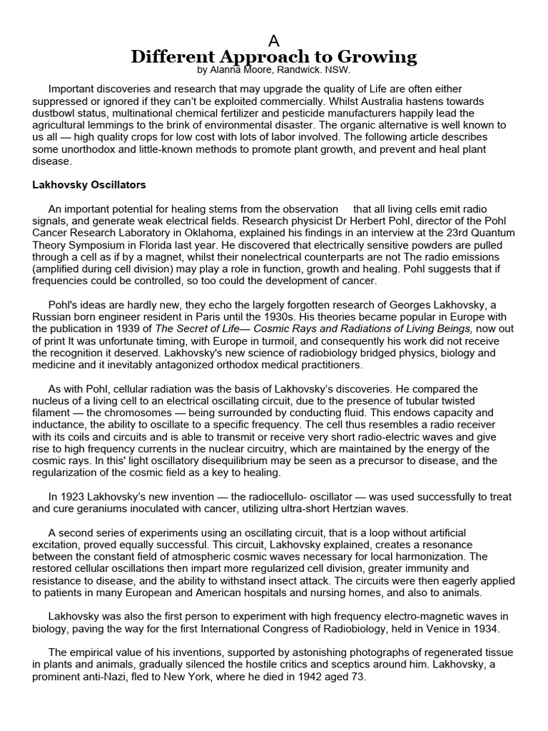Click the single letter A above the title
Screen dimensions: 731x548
point(273,41)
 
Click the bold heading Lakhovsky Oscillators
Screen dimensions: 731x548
point(89,185)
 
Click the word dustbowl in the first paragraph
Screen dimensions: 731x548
point(54,113)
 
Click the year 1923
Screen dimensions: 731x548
point(72,497)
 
